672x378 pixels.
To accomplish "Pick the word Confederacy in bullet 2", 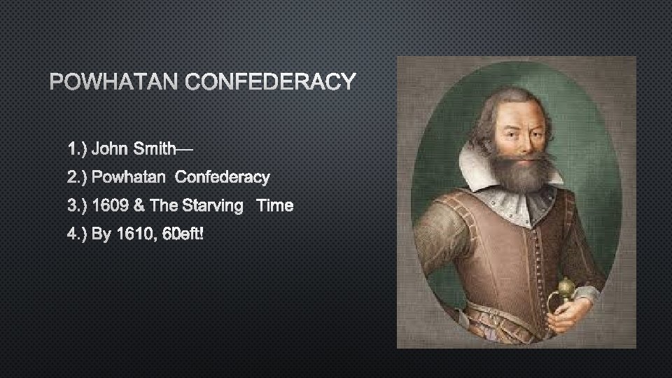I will point(222,177).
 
